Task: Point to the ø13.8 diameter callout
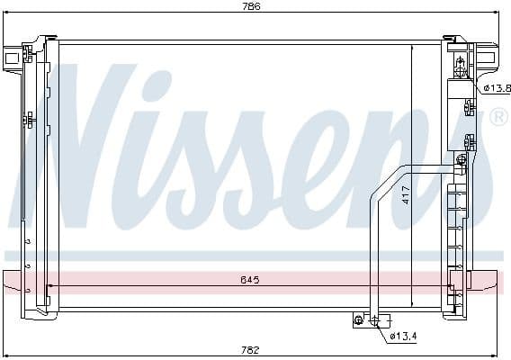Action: [x=496, y=87]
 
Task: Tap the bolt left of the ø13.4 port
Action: [x=360, y=319]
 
